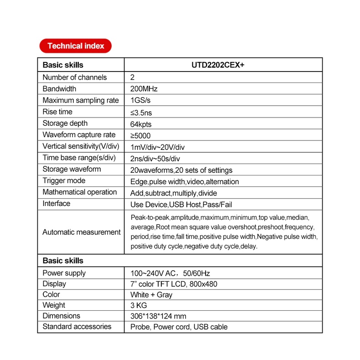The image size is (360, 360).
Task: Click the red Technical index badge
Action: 75,46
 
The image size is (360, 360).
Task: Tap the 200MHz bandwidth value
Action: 144,89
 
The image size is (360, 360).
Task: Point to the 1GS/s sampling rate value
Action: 141,101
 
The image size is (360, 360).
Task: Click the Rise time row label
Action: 57,112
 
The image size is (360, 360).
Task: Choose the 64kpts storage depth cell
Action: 141,124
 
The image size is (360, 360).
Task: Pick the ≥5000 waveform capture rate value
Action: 140,135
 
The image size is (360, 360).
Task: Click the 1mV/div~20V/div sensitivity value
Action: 157,147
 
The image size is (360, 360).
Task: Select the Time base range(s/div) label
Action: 79,158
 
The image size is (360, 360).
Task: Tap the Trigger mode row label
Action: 64,181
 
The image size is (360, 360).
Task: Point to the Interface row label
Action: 57,204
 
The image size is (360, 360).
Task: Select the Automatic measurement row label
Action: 82,232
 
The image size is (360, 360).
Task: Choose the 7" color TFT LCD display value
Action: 174,284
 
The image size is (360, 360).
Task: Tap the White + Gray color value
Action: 151,295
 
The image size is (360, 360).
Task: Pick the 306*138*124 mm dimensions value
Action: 158,316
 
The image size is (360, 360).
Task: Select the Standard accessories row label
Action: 77,326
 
